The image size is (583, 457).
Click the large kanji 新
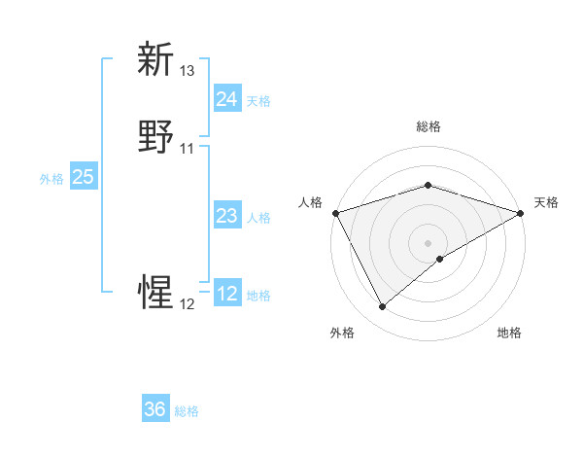click(156, 59)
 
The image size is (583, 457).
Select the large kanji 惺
click(156, 292)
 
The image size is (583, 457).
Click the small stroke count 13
click(188, 71)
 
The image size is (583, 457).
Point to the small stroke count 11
click(188, 149)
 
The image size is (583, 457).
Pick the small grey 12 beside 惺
click(188, 304)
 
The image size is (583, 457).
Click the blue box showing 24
click(226, 99)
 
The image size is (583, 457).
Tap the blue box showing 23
click(226, 216)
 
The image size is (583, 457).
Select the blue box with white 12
click(226, 294)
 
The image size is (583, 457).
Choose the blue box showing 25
click(83, 177)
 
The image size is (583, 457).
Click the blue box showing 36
click(155, 409)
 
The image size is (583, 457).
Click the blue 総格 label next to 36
click(187, 411)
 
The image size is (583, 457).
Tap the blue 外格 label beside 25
click(51, 179)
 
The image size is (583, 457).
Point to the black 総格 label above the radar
click(429, 126)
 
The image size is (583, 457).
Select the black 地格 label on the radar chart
click(509, 334)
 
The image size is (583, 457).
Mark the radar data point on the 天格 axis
click(521, 213)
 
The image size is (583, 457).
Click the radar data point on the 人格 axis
click(334, 213)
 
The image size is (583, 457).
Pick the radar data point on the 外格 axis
click(382, 307)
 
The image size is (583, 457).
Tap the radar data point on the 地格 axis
click(440, 259)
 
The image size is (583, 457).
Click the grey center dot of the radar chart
click(428, 242)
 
